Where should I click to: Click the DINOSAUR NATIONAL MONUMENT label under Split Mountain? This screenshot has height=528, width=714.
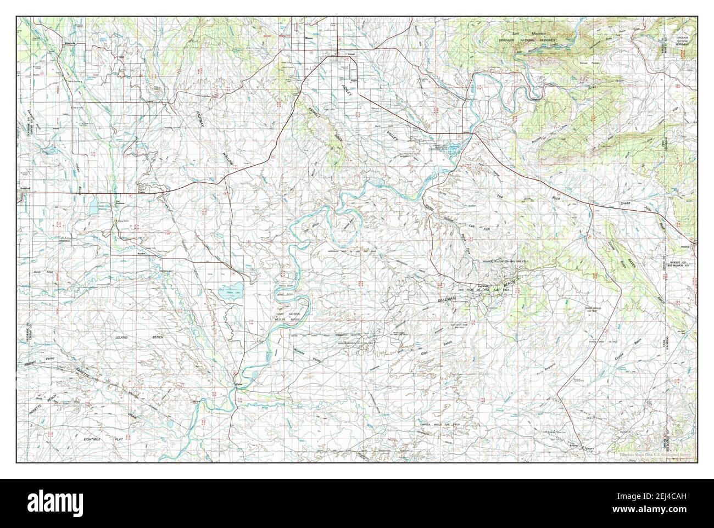(x=519, y=41)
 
